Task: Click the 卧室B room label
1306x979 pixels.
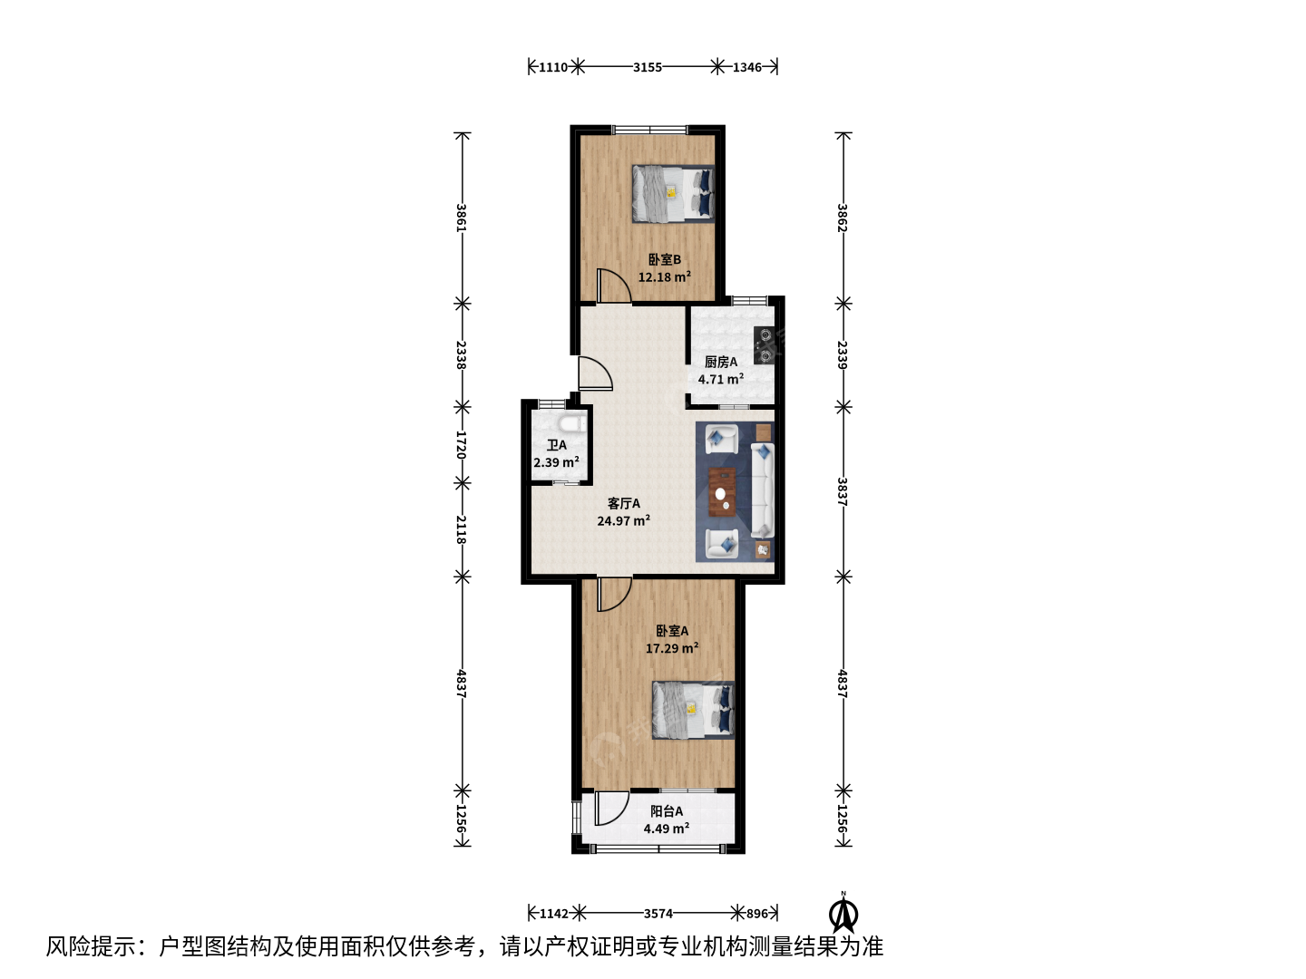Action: [x=664, y=260]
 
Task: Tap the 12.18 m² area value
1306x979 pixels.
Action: [x=664, y=277]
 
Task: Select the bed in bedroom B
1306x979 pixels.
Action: [x=673, y=194]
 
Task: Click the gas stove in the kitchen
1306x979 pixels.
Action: [x=764, y=345]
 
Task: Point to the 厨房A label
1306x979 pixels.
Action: [x=720, y=362]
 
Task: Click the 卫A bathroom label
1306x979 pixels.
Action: [x=556, y=445]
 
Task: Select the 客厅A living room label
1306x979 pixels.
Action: [x=624, y=503]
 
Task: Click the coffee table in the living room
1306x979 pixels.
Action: [x=722, y=491]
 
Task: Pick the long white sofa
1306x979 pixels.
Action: [x=762, y=490]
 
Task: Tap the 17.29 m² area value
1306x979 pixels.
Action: [x=672, y=648]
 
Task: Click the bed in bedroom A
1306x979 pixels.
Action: [x=693, y=711]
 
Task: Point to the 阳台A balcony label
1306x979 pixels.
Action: [x=667, y=811]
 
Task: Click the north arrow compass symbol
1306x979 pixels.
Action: [x=843, y=915]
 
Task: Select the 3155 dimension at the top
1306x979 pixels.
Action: [x=648, y=67]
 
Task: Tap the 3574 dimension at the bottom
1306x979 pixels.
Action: [x=658, y=913]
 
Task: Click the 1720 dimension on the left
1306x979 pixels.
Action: [x=461, y=444]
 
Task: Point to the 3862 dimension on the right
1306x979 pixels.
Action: [x=842, y=218]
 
